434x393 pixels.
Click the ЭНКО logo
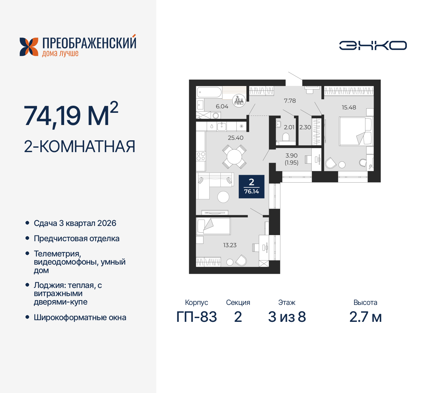click(373, 45)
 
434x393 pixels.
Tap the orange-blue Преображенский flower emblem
click(29, 47)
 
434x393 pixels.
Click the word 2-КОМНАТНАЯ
click(80, 146)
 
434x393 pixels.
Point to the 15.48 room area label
click(349, 107)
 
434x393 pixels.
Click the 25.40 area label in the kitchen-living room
click(236, 138)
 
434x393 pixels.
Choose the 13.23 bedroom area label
click(230, 245)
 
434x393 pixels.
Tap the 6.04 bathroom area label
click(222, 106)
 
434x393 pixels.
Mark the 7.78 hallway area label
click(290, 101)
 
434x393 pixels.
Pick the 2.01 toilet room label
click(289, 127)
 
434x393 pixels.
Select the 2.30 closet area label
click(305, 127)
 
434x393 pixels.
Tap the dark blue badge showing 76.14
click(252, 187)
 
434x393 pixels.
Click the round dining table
click(234, 157)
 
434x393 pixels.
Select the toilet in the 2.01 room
click(286, 137)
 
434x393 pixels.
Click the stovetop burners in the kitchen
click(201, 156)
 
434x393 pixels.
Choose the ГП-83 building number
click(197, 317)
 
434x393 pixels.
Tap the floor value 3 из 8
click(287, 317)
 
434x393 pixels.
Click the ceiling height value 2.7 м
click(366, 317)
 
